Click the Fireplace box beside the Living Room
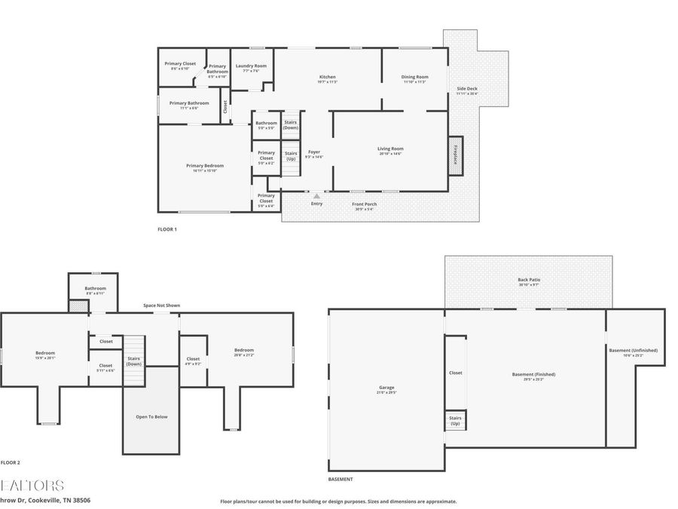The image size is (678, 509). coord(455,156)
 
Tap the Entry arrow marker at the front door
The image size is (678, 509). coord(316,196)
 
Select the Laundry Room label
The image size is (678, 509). coord(251,66)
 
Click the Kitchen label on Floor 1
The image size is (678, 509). coord(327,78)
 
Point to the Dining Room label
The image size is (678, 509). coord(414,78)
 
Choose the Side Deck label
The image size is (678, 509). coord(467,90)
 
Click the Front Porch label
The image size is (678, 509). coord(365,204)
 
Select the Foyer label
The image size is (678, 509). coord(313,153)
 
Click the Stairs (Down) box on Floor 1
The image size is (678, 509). coord(291,125)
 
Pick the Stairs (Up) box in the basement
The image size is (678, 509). coord(455,420)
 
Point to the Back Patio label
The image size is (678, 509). coord(529,281)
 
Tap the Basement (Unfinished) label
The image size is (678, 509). coord(633,351)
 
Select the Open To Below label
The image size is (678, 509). coord(151,417)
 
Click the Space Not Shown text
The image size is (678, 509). coord(162,305)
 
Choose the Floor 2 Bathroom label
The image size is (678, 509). coord(95,289)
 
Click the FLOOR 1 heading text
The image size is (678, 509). coord(166,229)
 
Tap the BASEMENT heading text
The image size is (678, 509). coord(341,480)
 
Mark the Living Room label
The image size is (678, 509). coord(390,149)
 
